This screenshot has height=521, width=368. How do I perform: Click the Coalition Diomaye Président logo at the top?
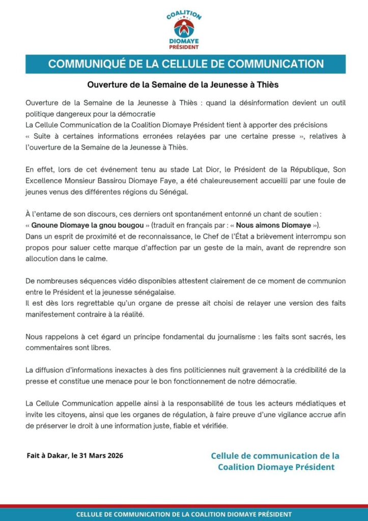click(x=184, y=30)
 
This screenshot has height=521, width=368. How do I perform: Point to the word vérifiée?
click(x=214, y=425)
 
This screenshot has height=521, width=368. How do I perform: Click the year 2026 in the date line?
click(x=112, y=456)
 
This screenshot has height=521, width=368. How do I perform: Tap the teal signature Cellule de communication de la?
click(x=275, y=456)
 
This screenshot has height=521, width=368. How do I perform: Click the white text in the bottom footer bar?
click(x=184, y=514)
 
